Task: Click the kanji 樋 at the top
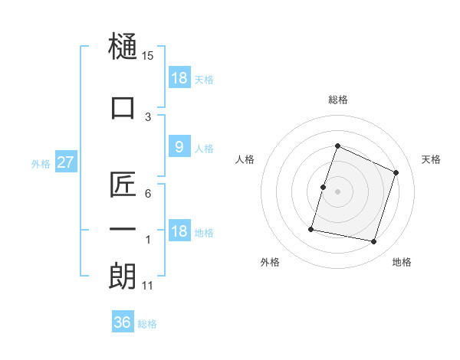click(123, 46)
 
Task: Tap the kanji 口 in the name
click(123, 107)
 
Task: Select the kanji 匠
click(123, 184)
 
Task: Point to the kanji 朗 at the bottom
click(123, 276)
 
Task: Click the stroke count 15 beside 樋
click(147, 56)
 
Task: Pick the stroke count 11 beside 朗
click(147, 286)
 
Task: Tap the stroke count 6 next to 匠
click(148, 194)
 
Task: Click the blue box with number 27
click(66, 162)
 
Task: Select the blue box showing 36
click(123, 321)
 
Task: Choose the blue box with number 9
click(179, 146)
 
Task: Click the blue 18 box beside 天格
click(179, 77)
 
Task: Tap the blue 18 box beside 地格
click(179, 230)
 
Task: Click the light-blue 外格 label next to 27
click(41, 164)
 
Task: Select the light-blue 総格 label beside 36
click(147, 324)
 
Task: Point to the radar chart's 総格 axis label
click(338, 100)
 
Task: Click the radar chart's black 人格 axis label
click(245, 159)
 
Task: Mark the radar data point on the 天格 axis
click(396, 172)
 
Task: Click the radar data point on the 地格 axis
click(373, 241)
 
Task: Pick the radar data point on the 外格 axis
click(311, 229)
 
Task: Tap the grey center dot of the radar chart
click(337, 191)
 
